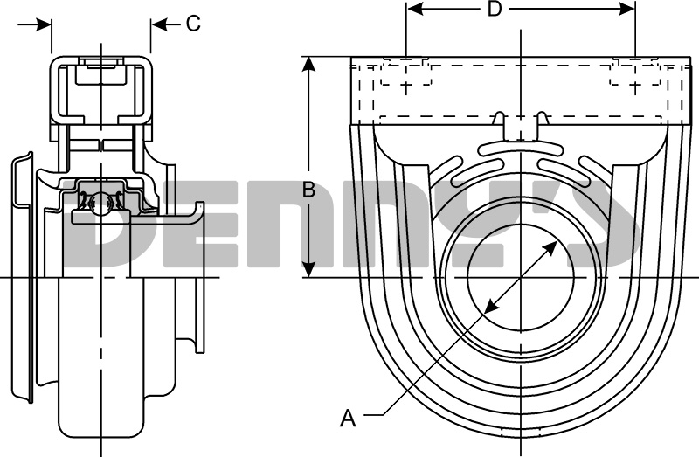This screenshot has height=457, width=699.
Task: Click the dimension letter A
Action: point(348,419)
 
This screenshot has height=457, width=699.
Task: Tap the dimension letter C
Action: point(193,24)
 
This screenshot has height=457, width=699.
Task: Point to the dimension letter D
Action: point(495,10)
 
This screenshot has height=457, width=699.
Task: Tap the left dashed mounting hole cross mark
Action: point(406,87)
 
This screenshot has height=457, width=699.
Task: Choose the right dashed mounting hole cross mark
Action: point(635,87)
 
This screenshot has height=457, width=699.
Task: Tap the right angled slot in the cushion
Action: point(572,170)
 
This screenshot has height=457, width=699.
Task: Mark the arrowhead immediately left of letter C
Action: point(158,24)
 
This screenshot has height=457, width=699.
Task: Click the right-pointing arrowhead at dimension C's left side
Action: point(45,24)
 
